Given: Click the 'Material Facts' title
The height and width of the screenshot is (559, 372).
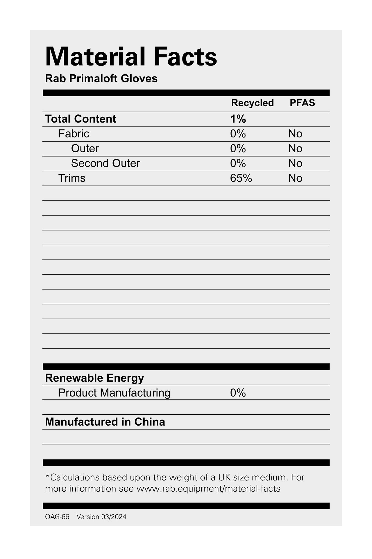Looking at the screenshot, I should pyautogui.click(x=131, y=57).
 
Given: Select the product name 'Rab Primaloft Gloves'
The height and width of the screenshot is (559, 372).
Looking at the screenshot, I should pyautogui.click(x=101, y=79).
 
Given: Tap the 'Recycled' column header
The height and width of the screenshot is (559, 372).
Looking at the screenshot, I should pyautogui.click(x=252, y=103).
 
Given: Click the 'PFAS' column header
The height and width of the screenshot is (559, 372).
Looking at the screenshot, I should pyautogui.click(x=302, y=103).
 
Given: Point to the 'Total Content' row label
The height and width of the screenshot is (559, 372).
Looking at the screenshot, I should pyautogui.click(x=81, y=119).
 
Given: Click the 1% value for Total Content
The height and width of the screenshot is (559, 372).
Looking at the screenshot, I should pyautogui.click(x=238, y=119).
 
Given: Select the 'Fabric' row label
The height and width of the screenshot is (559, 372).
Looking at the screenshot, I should pyautogui.click(x=74, y=134).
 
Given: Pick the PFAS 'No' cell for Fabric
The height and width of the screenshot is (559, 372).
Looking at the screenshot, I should pyautogui.click(x=295, y=134).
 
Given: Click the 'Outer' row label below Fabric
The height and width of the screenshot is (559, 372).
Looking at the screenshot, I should pyautogui.click(x=85, y=149).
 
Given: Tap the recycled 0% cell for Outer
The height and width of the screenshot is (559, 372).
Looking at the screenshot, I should pyautogui.click(x=238, y=149).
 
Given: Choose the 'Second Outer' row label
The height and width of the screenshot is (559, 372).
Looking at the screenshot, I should pyautogui.click(x=105, y=163).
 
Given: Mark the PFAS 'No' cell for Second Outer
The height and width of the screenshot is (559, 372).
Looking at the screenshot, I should pyautogui.click(x=295, y=163).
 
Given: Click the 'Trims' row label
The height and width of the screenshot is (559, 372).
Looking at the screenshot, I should pyautogui.click(x=72, y=178).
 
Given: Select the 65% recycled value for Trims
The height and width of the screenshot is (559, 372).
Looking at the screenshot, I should pyautogui.click(x=241, y=178).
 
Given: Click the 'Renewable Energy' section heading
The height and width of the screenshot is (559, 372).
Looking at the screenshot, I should pyautogui.click(x=94, y=378).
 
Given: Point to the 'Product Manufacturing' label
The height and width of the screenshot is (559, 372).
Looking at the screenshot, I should pyautogui.click(x=114, y=393).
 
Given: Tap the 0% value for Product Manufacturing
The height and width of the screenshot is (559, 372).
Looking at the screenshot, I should pyautogui.click(x=238, y=393).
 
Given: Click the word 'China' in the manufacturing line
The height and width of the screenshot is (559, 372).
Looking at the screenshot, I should pyautogui.click(x=149, y=422).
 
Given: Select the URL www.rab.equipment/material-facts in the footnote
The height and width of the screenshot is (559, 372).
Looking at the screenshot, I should pyautogui.click(x=208, y=489).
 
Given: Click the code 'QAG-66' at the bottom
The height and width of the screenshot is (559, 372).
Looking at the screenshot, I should pyautogui.click(x=57, y=517).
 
